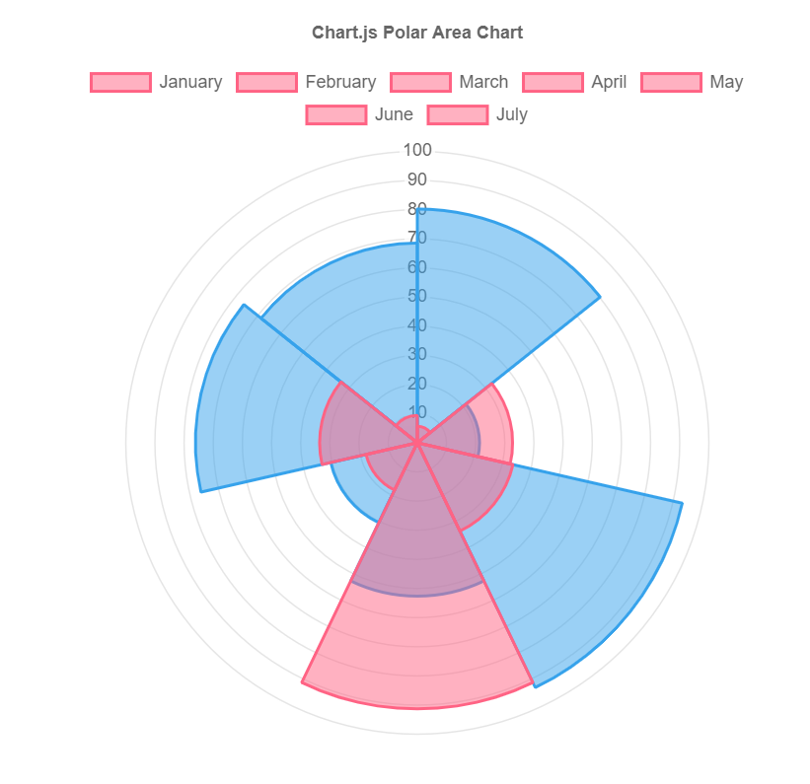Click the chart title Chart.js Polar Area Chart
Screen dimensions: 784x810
coord(417,33)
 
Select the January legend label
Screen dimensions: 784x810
coord(190,82)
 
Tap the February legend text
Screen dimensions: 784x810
coord(340,82)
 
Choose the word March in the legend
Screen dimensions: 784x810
coord(483,82)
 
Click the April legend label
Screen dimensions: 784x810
coord(609,82)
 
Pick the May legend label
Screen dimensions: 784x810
coord(726,82)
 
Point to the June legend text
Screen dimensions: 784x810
coord(394,114)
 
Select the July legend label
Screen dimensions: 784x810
coord(511,114)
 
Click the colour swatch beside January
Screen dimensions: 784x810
coord(120,82)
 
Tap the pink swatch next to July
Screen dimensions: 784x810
coord(458,114)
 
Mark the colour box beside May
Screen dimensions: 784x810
coord(671,82)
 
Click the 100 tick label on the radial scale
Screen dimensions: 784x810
coord(417,151)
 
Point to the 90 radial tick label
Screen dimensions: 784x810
coord(417,179)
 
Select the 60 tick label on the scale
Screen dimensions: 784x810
coord(417,267)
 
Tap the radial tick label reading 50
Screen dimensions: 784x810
coord(417,296)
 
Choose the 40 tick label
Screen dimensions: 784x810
coord(417,325)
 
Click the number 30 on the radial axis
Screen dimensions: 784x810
coord(417,354)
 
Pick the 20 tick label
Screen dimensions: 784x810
coord(417,384)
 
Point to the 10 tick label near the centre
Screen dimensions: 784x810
coord(417,412)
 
